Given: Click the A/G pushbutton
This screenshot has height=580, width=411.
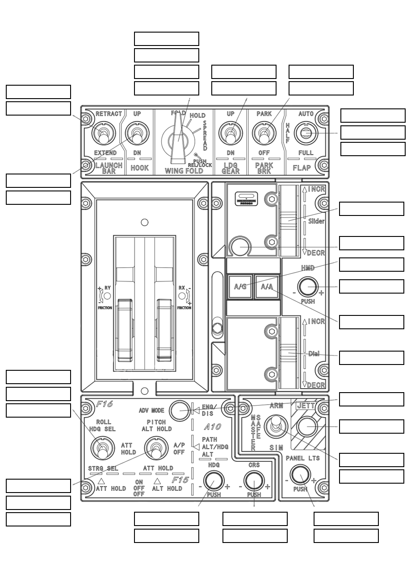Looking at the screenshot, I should click(240, 286).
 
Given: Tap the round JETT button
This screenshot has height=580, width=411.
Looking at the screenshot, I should click(307, 427).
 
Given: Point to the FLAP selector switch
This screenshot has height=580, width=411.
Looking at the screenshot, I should click(306, 133).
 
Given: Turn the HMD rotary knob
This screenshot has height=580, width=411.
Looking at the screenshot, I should click(308, 286).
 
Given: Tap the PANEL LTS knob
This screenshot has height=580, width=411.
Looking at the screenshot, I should click(300, 475).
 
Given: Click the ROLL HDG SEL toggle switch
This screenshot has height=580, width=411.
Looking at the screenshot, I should click(103, 448).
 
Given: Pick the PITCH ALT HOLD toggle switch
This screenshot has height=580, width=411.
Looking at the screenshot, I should click(156, 448).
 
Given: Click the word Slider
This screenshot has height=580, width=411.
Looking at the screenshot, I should click(316, 221).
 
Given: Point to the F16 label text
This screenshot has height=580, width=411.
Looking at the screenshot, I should click(105, 404).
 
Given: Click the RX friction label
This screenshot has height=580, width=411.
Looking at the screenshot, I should click(182, 288).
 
